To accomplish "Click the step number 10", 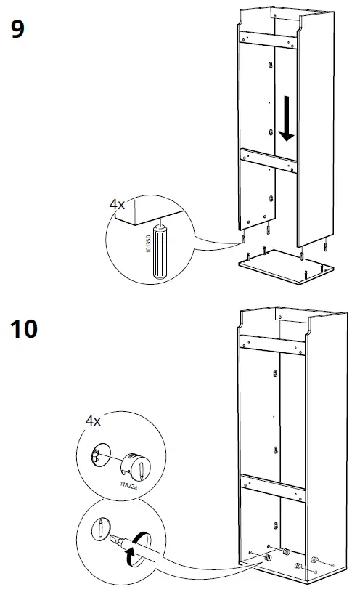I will pos(25,328).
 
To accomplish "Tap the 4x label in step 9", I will pos(117,205).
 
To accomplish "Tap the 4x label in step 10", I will pos(93,421).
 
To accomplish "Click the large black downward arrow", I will pos(287,120).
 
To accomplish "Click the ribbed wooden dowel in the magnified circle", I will pos(160,251).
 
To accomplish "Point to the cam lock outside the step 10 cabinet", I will pos(317,561).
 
